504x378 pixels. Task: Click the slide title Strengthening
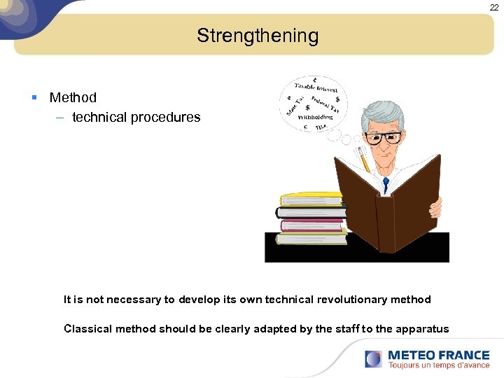[x=257, y=36]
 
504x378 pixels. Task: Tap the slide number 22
[x=494, y=6]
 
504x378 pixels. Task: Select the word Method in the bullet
[x=73, y=97]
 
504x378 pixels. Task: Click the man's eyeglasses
[x=383, y=138]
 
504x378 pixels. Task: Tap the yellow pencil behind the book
[x=363, y=160]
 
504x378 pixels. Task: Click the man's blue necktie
[x=385, y=185]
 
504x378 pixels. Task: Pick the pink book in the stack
[x=311, y=225]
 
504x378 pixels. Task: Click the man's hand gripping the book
[x=435, y=206]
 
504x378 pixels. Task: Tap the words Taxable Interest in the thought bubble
[x=316, y=87]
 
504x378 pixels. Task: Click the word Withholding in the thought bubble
[x=315, y=118]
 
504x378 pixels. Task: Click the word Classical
[x=87, y=329]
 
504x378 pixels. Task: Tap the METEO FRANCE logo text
[x=438, y=355]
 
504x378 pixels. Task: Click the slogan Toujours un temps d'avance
[x=438, y=365]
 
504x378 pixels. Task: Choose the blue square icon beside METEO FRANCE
[x=373, y=359]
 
